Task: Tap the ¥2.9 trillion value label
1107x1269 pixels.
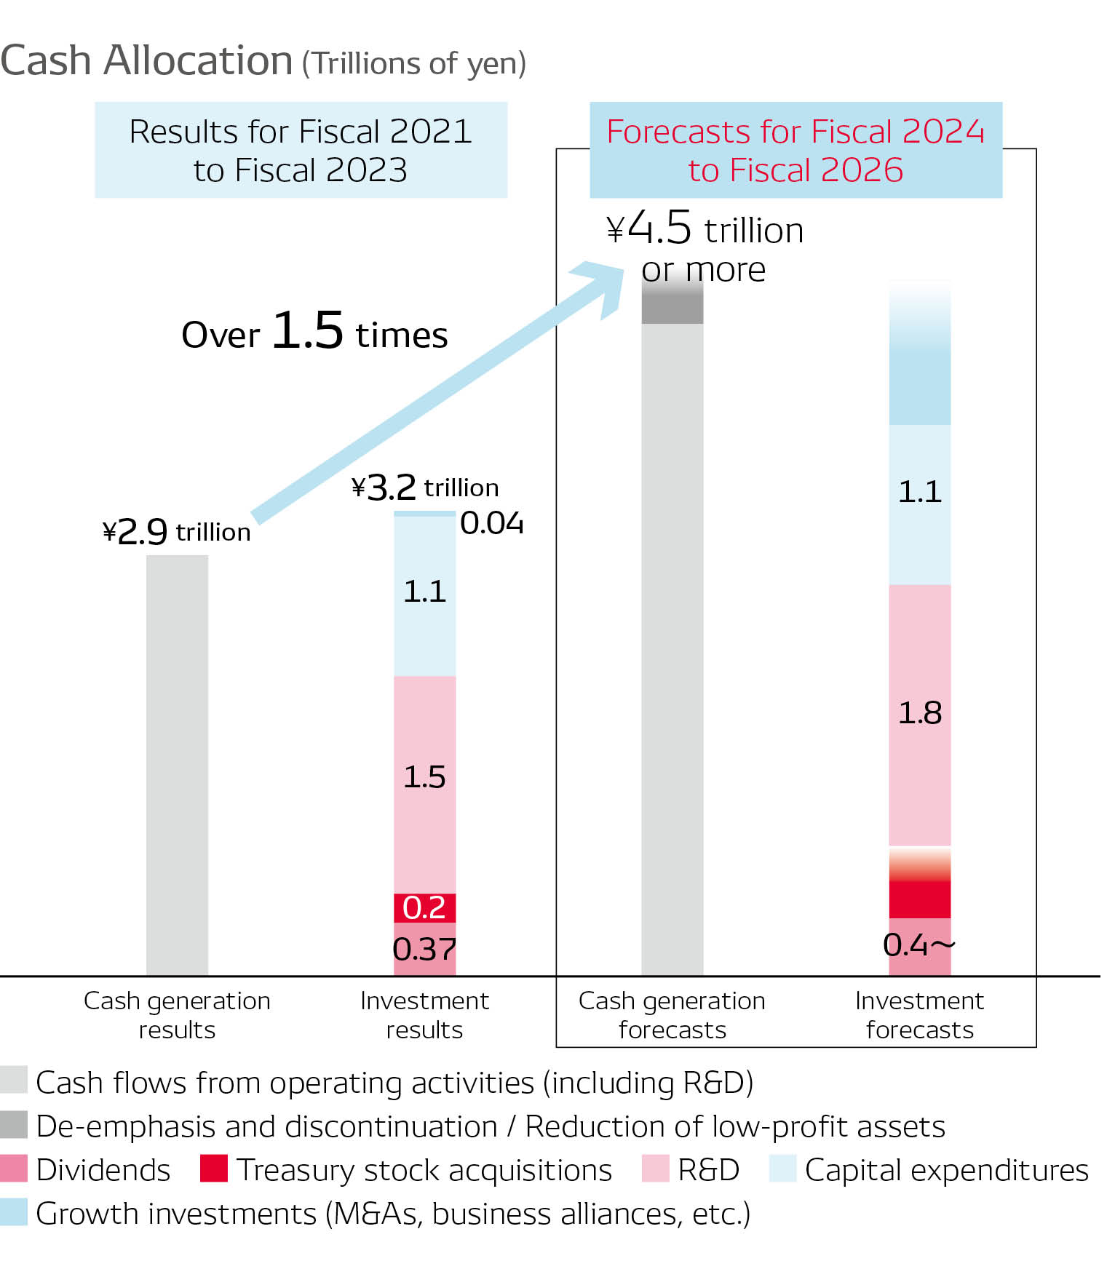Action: click(x=177, y=532)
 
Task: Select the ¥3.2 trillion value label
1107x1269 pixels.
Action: click(x=425, y=487)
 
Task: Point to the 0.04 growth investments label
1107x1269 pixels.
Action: click(x=491, y=523)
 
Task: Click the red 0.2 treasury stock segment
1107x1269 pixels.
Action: click(x=424, y=907)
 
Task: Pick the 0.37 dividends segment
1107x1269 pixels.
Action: click(x=424, y=949)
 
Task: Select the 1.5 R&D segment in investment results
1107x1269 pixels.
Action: click(x=424, y=777)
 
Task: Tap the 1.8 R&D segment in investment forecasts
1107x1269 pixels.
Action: click(x=919, y=713)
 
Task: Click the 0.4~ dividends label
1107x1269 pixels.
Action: click(x=918, y=945)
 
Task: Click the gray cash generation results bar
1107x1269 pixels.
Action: click(x=177, y=764)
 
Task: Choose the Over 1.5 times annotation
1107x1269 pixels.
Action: click(x=314, y=332)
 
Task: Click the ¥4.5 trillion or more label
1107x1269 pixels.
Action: click(x=705, y=247)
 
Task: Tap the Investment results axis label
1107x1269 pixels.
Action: click(x=424, y=1015)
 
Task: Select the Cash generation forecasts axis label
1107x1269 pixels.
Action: click(x=672, y=1015)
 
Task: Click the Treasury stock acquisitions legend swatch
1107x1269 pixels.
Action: click(x=214, y=1169)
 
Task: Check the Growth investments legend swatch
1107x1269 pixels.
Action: click(x=14, y=1212)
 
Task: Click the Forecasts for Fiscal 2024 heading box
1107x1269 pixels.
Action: click(x=795, y=150)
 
